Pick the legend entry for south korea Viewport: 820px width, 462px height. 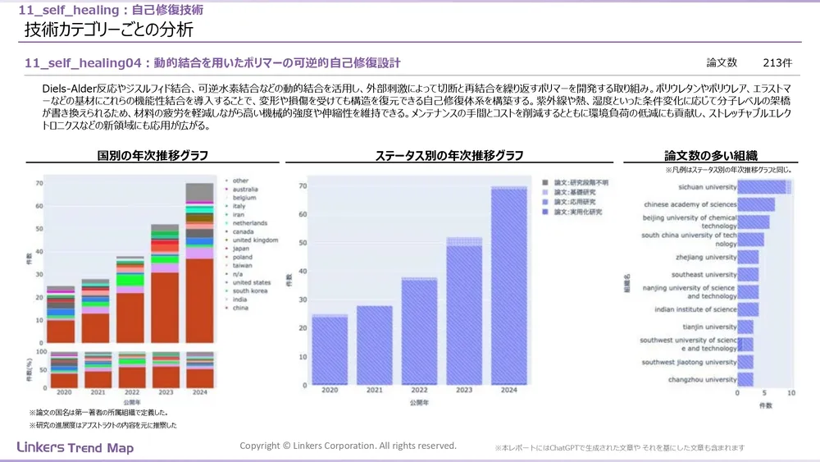pos(251,290)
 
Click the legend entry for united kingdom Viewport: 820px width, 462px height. pos(255,240)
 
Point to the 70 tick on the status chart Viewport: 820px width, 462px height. pos(302,186)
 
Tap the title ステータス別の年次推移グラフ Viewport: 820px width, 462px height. pos(449,155)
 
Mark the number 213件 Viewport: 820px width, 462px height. pos(777,62)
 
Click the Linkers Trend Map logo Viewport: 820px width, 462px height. pos(75,448)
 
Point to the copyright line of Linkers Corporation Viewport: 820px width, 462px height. pos(348,446)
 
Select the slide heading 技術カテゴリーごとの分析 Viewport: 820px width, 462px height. pos(109,30)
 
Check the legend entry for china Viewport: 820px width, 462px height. pos(240,309)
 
